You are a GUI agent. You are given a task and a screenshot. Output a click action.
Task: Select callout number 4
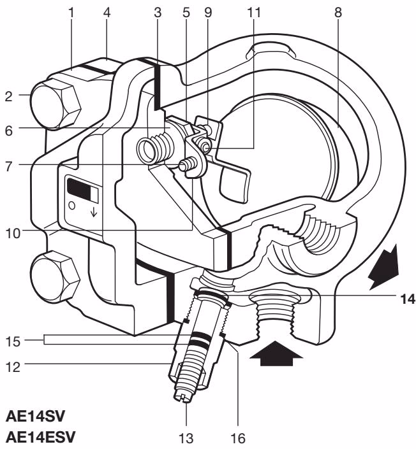click(108, 11)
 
